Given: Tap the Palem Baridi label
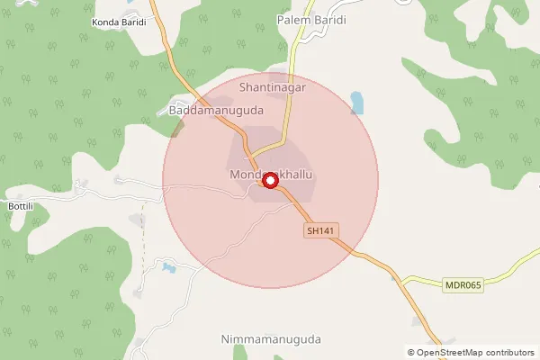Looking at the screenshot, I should pyautogui.click(x=311, y=19).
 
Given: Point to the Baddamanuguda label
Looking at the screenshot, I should pyautogui.click(x=215, y=111).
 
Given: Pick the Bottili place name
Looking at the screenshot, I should pyautogui.click(x=21, y=205).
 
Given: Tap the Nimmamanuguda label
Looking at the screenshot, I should pyautogui.click(x=270, y=339).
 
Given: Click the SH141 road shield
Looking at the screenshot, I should pyautogui.click(x=320, y=231).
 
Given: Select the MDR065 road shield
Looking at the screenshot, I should pyautogui.click(x=464, y=285).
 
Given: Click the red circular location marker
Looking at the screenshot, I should pyautogui.click(x=269, y=181).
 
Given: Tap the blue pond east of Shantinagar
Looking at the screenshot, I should pyautogui.click(x=357, y=103).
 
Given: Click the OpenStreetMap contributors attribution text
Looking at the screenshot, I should pyautogui.click(x=471, y=352).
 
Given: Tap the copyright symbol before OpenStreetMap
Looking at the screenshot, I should pyautogui.click(x=411, y=352).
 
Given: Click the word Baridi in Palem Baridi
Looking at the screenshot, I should pyautogui.click(x=329, y=19).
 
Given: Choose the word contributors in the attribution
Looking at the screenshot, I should pyautogui.click(x=508, y=352).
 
